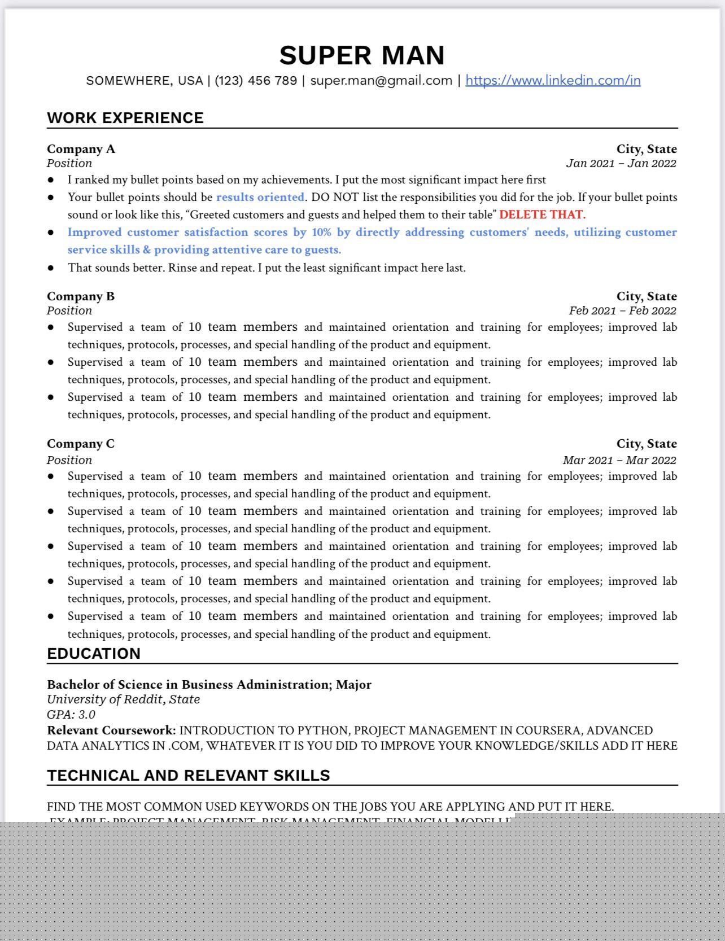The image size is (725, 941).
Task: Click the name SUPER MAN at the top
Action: (x=362, y=55)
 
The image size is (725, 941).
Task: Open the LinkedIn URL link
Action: (x=553, y=80)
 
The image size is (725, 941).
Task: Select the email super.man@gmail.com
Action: (x=381, y=80)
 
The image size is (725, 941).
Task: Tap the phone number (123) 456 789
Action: (x=256, y=80)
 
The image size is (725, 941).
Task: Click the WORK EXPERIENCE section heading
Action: (x=125, y=118)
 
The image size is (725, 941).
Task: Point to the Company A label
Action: (x=81, y=149)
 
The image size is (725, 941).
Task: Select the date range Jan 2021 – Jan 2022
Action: (x=621, y=164)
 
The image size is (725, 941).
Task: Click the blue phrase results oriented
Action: (x=260, y=198)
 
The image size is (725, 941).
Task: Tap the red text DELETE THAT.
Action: (x=542, y=215)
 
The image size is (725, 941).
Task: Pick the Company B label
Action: (x=81, y=296)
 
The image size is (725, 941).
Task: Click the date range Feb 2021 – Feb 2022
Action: (x=622, y=311)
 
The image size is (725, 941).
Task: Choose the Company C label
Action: (x=81, y=444)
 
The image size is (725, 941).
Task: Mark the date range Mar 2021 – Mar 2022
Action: (x=619, y=460)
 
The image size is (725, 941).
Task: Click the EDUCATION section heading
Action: (x=94, y=654)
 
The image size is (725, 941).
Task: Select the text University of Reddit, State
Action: (x=123, y=699)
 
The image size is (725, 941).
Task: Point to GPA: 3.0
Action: (x=71, y=715)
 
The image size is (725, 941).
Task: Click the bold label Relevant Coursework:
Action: (x=111, y=730)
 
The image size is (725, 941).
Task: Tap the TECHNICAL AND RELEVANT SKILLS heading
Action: (x=189, y=776)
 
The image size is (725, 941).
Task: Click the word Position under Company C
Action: (x=69, y=460)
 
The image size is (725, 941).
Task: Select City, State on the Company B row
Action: (x=647, y=296)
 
